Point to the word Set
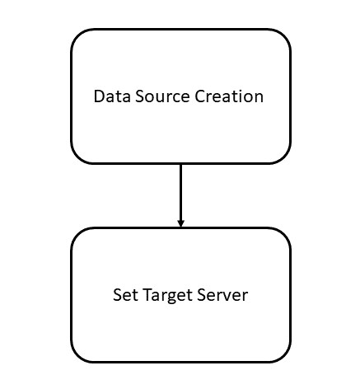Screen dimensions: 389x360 (x=124, y=294)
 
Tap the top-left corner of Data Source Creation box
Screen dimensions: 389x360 (x=77, y=35)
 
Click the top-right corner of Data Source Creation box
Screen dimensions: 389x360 (x=283, y=35)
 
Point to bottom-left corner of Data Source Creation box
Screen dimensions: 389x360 (x=77, y=157)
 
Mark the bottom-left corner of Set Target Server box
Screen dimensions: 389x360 (x=77, y=355)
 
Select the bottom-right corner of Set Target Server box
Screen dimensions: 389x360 (x=283, y=355)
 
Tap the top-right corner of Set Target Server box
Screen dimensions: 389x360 (x=283, y=234)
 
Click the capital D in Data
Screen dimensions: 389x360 (x=98, y=96)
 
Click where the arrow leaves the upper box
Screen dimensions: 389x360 (x=180, y=164)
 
